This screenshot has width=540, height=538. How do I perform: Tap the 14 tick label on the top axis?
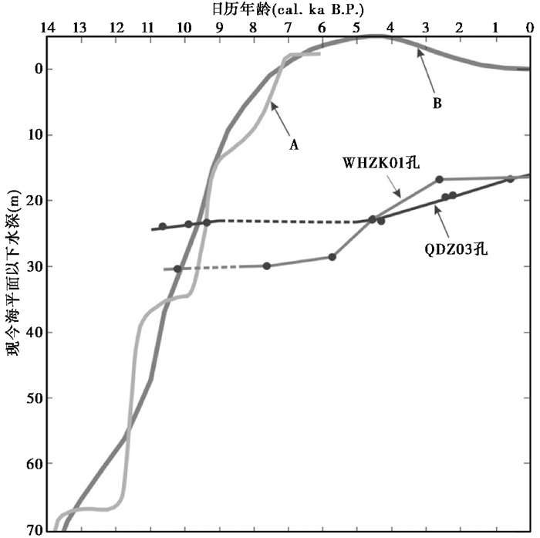pyautogui.click(x=48, y=27)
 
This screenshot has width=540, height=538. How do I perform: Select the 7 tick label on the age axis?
pyautogui.click(x=287, y=27)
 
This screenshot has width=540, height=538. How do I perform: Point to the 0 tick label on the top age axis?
pyautogui.click(x=529, y=27)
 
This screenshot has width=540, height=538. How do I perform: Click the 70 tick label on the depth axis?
pyautogui.click(x=32, y=530)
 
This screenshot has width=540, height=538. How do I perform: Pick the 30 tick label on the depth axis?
pyautogui.click(x=32, y=266)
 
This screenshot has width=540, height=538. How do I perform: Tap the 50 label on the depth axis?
pyautogui.click(x=32, y=398)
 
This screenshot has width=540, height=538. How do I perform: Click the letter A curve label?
pyautogui.click(x=294, y=144)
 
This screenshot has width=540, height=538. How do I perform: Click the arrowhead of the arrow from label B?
pyautogui.click(x=417, y=51)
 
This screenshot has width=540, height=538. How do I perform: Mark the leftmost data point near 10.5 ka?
pyautogui.click(x=163, y=226)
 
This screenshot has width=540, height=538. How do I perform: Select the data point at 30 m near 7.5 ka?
pyautogui.click(x=267, y=266)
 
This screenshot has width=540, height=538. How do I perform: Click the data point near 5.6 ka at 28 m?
pyautogui.click(x=332, y=256)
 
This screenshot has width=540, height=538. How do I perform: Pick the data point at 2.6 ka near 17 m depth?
pyautogui.click(x=439, y=179)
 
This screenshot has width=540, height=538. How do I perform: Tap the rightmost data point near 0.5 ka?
pyautogui.click(x=511, y=178)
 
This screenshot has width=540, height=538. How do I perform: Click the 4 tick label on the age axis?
pyautogui.click(x=390, y=27)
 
